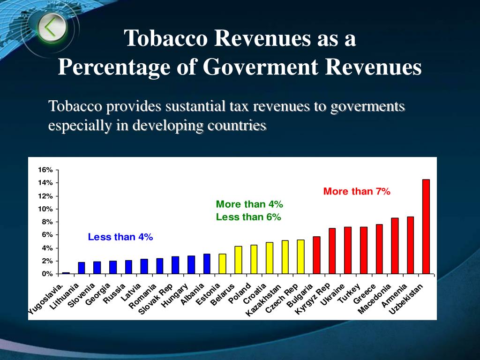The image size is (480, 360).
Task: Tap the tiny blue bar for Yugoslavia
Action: (x=66, y=273)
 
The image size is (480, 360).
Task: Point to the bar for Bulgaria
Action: (x=316, y=255)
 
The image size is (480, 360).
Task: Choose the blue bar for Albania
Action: (x=207, y=264)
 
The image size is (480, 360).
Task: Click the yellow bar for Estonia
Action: (x=222, y=264)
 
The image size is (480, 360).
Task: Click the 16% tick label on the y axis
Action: (x=45, y=170)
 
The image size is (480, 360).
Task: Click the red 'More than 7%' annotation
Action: (x=357, y=191)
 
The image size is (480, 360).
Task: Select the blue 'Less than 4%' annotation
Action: (x=120, y=237)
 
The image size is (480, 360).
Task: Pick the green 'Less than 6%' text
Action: (x=248, y=217)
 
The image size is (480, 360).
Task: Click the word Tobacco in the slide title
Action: (x=165, y=38)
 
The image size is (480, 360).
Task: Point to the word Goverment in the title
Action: (x=261, y=67)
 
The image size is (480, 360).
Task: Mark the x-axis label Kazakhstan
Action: (x=263, y=300)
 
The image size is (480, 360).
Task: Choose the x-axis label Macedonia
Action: (x=374, y=299)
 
